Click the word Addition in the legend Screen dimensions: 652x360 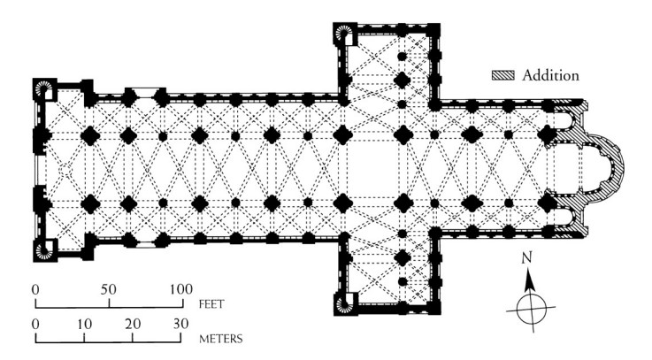click(x=550, y=75)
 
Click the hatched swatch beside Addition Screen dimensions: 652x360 click(x=503, y=75)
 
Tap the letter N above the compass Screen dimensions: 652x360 click(x=526, y=258)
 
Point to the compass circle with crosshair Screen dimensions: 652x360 click(x=531, y=310)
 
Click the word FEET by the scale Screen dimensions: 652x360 click(x=211, y=304)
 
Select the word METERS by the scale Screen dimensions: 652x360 click(x=221, y=339)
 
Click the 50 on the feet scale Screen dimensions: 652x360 click(x=108, y=289)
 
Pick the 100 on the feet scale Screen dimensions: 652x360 click(x=180, y=289)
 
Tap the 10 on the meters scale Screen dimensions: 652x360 click(x=84, y=324)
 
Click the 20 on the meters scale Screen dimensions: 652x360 click(x=133, y=324)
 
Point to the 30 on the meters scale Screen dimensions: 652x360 click(x=180, y=324)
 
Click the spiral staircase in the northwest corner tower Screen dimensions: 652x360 click(x=43, y=88)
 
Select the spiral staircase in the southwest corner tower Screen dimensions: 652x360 click(x=43, y=249)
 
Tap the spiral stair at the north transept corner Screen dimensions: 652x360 click(x=344, y=34)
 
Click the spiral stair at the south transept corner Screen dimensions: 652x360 click(x=344, y=304)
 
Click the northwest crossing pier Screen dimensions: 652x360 click(x=342, y=135)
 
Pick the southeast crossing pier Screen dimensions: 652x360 click(x=403, y=203)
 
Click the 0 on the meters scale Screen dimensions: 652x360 click(x=35, y=324)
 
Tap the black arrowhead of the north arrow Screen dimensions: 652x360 click(x=529, y=280)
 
